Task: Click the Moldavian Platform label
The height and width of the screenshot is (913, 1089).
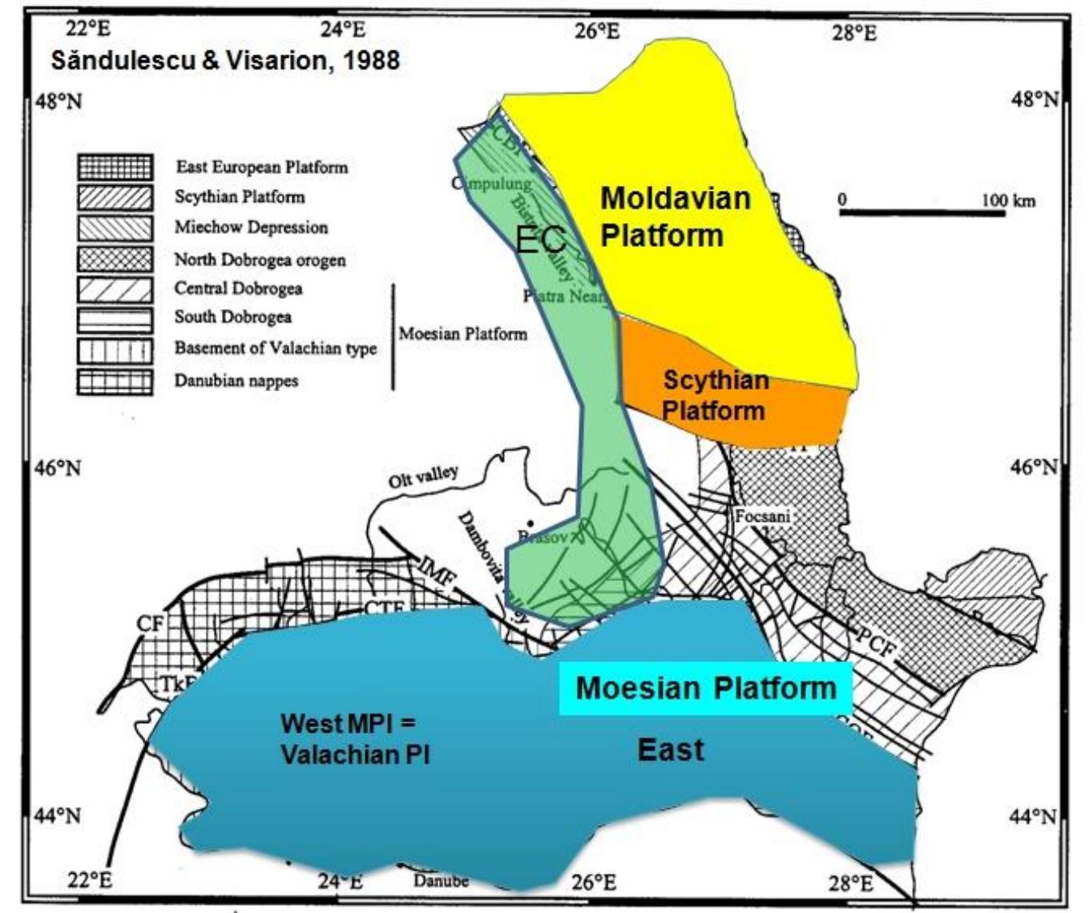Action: (x=675, y=217)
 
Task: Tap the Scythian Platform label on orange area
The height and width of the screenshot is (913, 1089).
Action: (x=714, y=395)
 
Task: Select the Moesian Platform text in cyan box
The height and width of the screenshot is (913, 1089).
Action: (x=705, y=688)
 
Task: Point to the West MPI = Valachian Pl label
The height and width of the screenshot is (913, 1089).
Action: (x=354, y=738)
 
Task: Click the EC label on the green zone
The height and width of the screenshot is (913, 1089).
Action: (x=541, y=240)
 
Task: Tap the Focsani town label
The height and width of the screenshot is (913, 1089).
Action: (x=762, y=516)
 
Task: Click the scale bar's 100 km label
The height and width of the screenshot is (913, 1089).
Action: (x=1009, y=200)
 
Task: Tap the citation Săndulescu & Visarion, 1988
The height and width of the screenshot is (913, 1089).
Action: (x=225, y=61)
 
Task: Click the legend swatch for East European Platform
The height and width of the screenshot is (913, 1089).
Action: (x=115, y=168)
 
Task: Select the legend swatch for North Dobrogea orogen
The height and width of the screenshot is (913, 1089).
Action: (x=115, y=259)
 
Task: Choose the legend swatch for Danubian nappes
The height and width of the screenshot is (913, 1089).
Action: (x=115, y=382)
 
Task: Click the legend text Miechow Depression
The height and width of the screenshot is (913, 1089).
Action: (x=251, y=228)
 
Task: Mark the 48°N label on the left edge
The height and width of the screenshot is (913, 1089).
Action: (x=59, y=102)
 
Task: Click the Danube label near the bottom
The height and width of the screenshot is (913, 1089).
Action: (x=441, y=881)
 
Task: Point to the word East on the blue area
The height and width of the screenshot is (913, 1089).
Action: (x=671, y=750)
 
